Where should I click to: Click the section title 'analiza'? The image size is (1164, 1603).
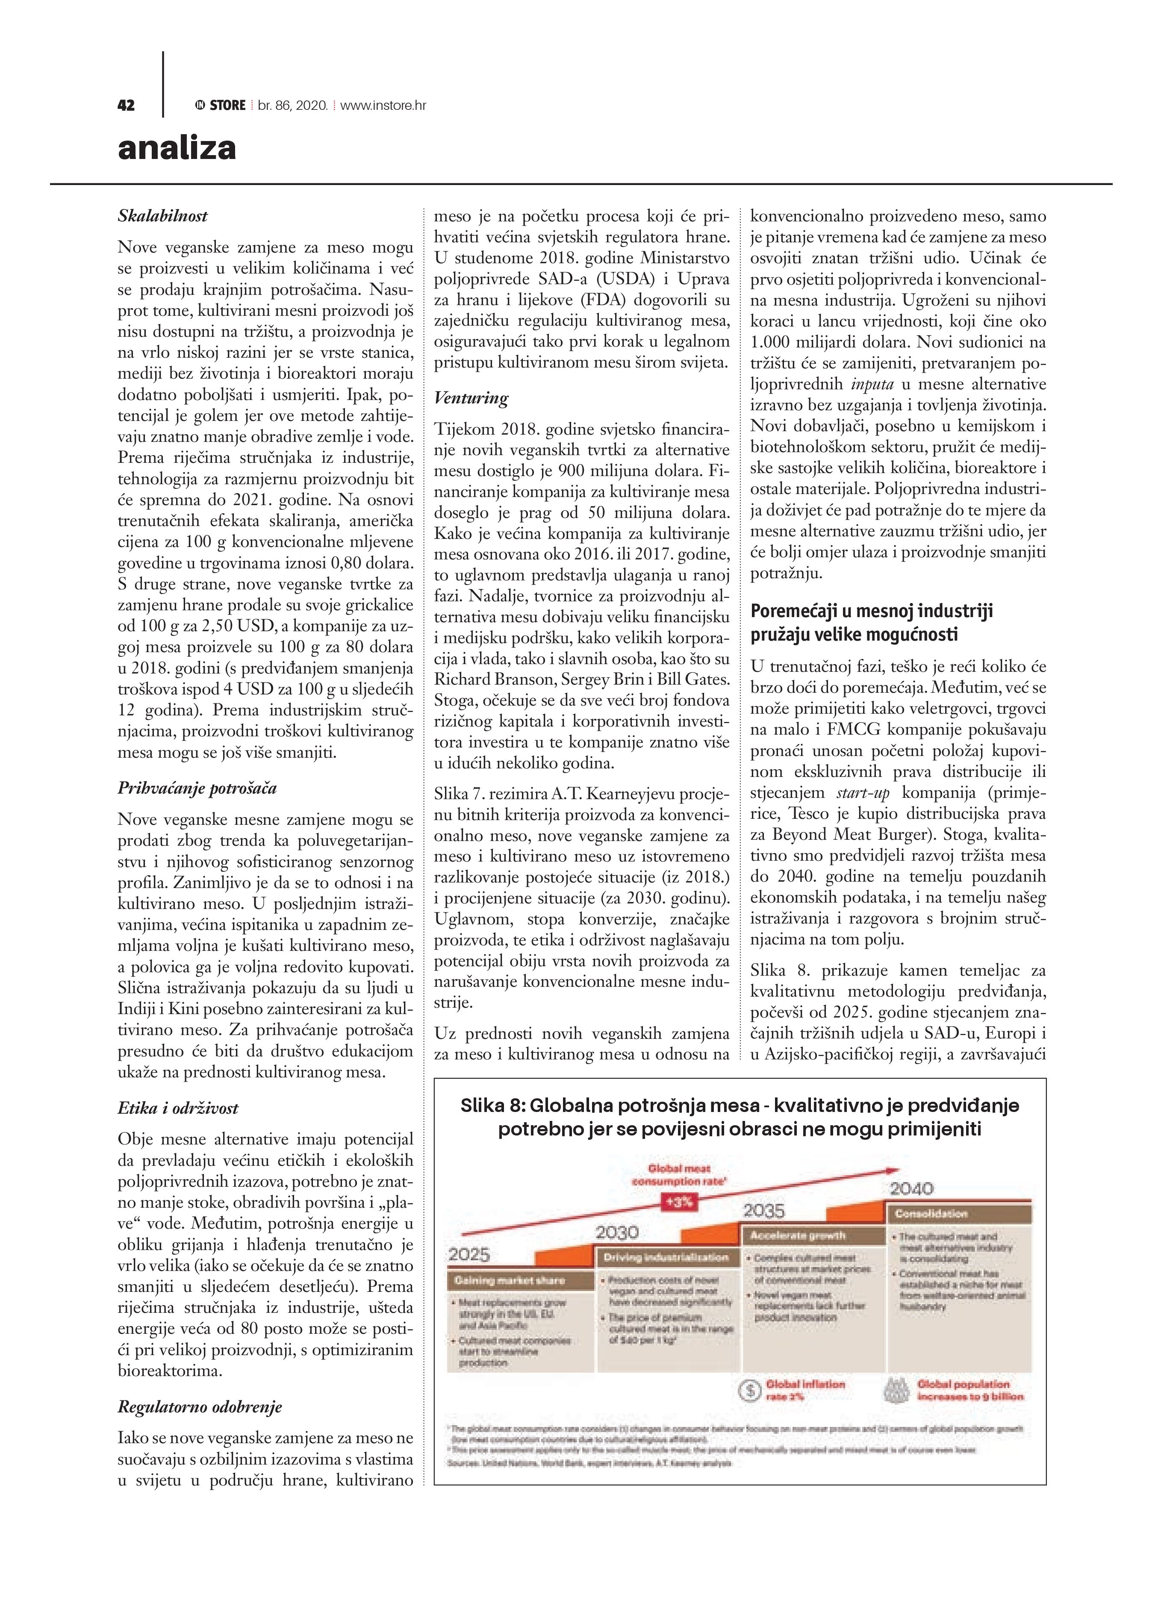click(x=177, y=148)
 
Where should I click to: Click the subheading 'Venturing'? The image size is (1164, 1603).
click(x=471, y=398)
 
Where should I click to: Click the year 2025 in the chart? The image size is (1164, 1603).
click(x=469, y=1255)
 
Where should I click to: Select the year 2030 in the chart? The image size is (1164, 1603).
click(x=617, y=1232)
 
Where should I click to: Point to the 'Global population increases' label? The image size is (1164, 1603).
click(x=970, y=1390)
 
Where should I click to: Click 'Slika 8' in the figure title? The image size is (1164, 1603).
click(x=490, y=1106)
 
